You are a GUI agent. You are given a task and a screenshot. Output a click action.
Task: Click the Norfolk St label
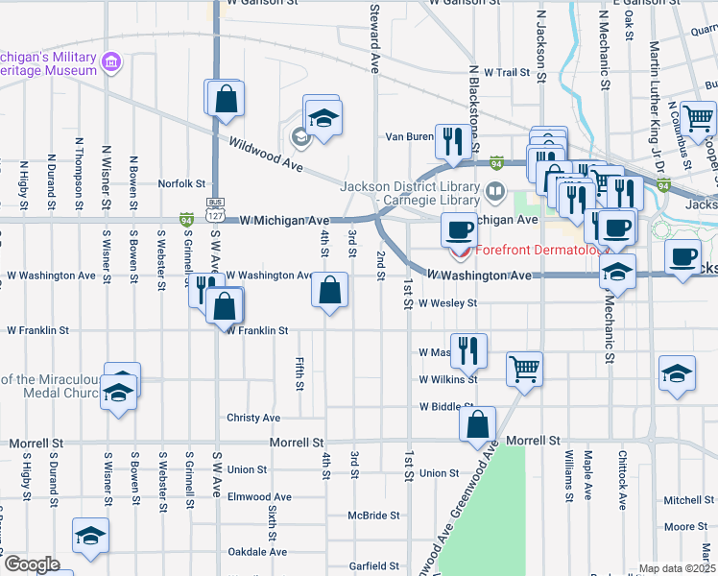pyautogui.click(x=182, y=183)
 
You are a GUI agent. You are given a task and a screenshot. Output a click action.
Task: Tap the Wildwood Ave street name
pyautogui.click(x=266, y=155)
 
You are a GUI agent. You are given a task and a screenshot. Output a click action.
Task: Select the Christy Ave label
pyautogui.click(x=253, y=418)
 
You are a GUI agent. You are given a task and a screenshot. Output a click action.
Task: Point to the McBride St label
pyautogui.click(x=374, y=516)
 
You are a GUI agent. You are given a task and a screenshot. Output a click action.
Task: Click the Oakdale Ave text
pyautogui.click(x=257, y=552)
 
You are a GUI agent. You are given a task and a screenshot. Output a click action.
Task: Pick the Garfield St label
pyautogui.click(x=374, y=566)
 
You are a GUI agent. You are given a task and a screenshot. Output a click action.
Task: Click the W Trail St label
pyautogui.click(x=507, y=72)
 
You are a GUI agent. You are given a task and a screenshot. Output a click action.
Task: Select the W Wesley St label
pyautogui.click(x=447, y=303)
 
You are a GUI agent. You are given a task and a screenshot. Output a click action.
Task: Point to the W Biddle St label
pyautogui.click(x=447, y=406)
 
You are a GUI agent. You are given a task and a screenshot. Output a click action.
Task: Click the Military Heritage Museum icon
pyautogui.click(x=113, y=62)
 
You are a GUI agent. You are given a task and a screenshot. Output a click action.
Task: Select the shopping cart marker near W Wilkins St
pyautogui.click(x=524, y=368)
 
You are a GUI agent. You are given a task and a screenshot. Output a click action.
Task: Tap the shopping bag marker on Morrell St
pyautogui.click(x=477, y=424)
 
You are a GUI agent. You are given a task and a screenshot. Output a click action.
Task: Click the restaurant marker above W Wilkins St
pyautogui.click(x=468, y=349)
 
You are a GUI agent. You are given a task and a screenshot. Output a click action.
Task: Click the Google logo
pyautogui.click(x=31, y=564)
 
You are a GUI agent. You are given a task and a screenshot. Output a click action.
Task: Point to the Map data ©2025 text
pyautogui.click(x=677, y=568)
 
